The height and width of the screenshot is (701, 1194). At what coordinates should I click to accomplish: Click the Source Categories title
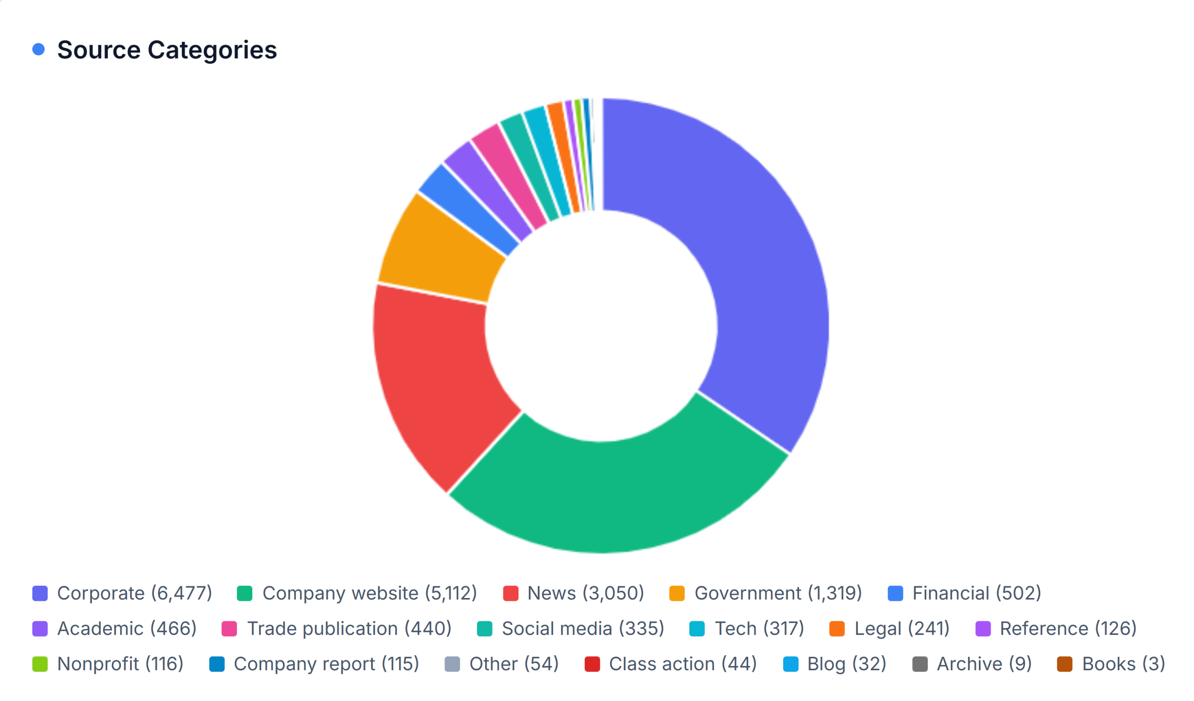[167, 50]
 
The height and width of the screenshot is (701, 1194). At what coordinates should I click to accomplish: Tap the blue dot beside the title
[39, 49]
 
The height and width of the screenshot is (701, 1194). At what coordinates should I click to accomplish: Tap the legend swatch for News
[510, 593]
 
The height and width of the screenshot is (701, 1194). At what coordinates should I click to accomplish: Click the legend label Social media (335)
[583, 629]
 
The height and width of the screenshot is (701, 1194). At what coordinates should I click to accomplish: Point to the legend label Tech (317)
[758, 629]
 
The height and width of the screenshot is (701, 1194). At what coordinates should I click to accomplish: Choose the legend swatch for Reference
[983, 629]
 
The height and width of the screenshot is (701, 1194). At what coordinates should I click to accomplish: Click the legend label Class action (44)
[682, 664]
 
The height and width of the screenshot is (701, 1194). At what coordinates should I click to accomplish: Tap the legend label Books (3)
[1123, 664]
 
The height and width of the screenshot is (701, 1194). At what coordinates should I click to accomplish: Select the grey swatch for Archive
[919, 664]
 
